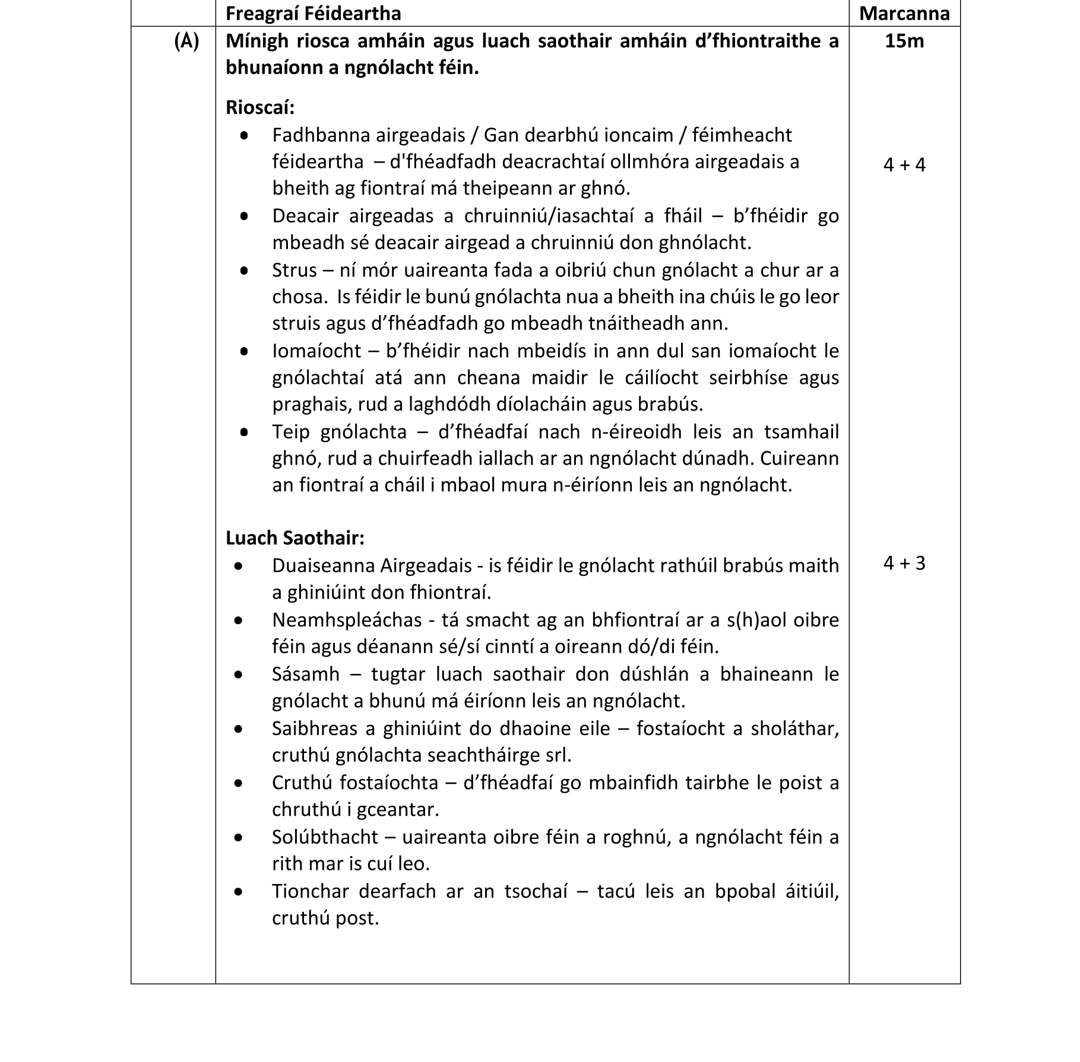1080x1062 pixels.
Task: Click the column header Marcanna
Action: (x=904, y=13)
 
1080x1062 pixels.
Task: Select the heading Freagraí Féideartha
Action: (x=313, y=13)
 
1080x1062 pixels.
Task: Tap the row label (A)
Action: (x=186, y=41)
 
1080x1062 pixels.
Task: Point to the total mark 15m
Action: (x=904, y=41)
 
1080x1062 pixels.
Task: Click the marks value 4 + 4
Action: (x=904, y=164)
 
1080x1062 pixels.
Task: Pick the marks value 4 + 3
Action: (x=904, y=563)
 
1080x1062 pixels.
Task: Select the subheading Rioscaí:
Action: (x=260, y=107)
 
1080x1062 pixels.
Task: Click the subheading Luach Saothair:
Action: (x=294, y=538)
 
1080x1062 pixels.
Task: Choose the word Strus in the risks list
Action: (x=294, y=270)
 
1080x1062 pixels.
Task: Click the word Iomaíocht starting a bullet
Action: (x=316, y=351)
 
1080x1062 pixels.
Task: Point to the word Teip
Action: (x=291, y=431)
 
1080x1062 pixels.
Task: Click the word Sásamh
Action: (x=306, y=674)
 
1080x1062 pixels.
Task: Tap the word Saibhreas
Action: (x=315, y=729)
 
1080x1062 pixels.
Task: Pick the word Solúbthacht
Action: (x=325, y=837)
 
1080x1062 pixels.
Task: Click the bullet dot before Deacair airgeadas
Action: (x=244, y=217)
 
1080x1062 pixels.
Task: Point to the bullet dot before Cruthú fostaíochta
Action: (x=239, y=783)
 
